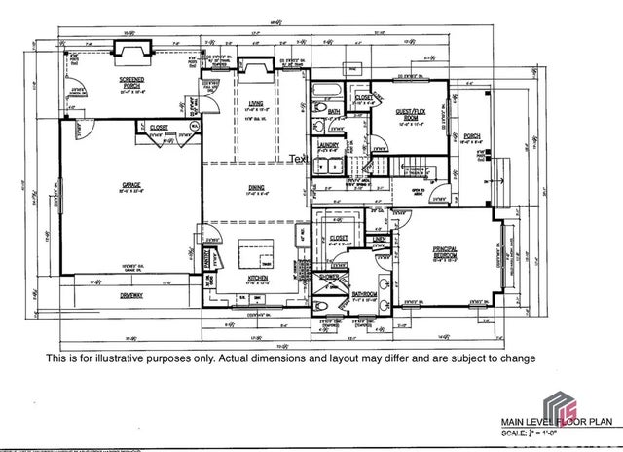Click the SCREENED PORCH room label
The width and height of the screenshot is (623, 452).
(x=132, y=81)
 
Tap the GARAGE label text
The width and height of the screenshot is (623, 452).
(x=132, y=182)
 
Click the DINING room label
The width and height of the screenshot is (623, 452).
(x=256, y=187)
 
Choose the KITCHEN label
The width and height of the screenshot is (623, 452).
(x=257, y=278)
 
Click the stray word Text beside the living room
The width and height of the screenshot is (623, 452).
(x=298, y=160)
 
